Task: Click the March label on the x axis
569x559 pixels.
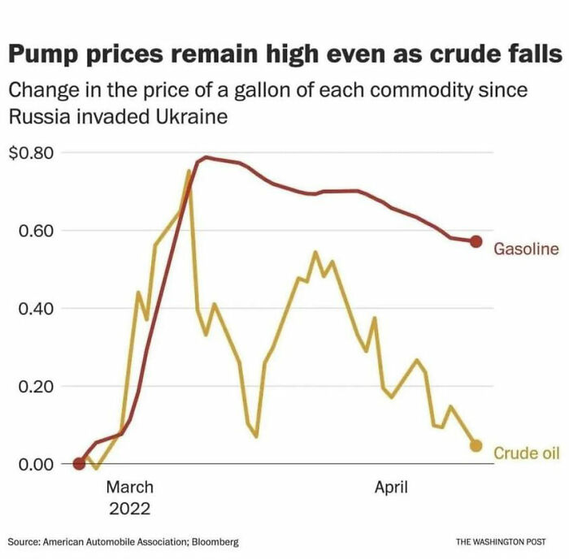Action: click(x=129, y=487)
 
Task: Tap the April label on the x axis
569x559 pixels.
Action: click(x=390, y=487)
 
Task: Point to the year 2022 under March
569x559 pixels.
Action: click(x=129, y=509)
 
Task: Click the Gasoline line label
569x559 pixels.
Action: click(x=526, y=249)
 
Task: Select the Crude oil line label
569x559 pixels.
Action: click(x=527, y=453)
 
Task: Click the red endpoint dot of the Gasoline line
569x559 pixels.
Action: click(x=476, y=241)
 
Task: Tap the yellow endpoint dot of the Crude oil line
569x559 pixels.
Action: click(x=476, y=446)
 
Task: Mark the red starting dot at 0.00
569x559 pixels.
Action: click(x=79, y=464)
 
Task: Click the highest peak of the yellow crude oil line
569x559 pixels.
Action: click(x=189, y=170)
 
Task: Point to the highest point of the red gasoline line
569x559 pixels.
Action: click(x=207, y=157)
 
